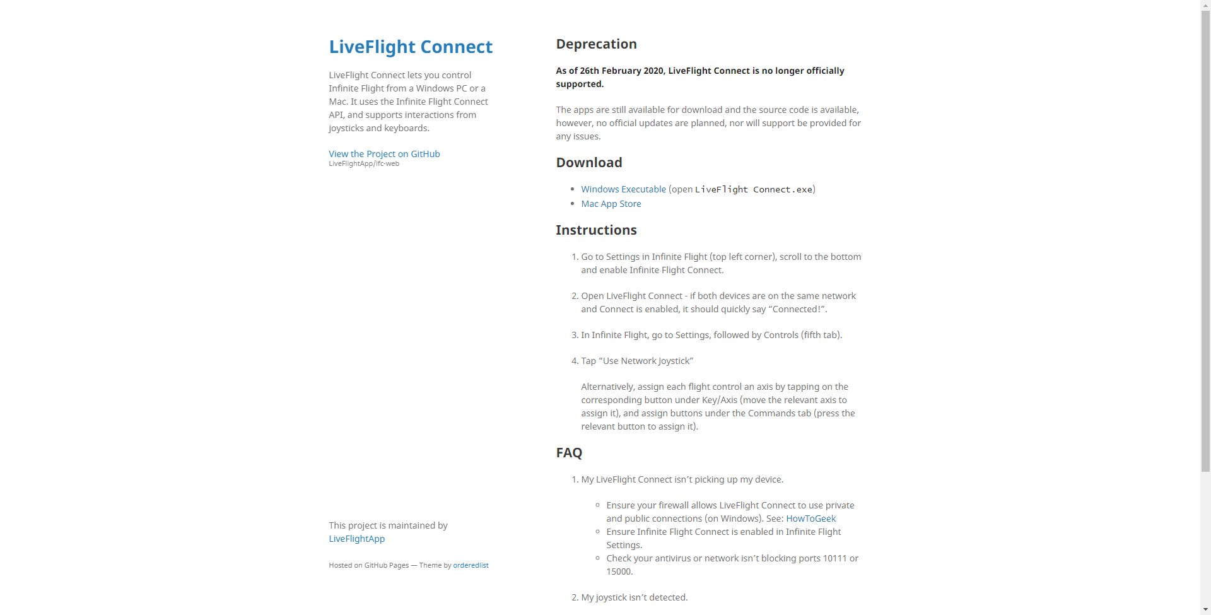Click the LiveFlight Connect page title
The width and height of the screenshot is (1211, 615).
411,47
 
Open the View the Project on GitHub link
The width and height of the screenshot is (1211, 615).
384,154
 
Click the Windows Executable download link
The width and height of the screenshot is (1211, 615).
623,189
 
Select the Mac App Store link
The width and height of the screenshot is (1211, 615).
611,204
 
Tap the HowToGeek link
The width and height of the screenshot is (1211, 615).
810,518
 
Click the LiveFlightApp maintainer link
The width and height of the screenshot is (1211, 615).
356,539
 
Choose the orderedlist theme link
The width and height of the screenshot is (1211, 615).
471,565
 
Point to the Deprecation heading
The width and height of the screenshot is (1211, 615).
596,44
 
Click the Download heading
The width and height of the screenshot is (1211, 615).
588,163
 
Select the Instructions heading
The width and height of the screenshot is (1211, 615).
596,230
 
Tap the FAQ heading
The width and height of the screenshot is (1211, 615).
569,453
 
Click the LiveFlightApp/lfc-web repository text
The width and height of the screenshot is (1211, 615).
364,164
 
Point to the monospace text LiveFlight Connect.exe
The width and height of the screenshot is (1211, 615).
754,189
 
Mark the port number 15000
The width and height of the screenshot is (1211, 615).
618,571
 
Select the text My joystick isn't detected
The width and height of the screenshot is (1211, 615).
634,597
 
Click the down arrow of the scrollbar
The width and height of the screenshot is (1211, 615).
1205,610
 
